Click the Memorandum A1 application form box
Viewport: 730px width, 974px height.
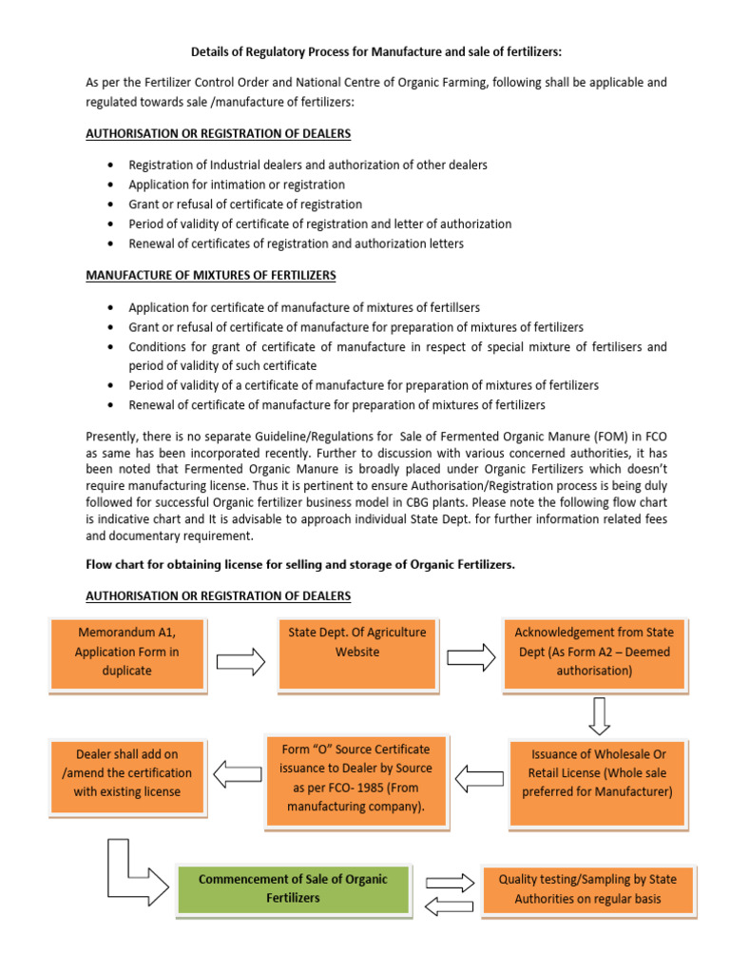tap(126, 653)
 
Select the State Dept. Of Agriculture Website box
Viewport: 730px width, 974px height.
tap(356, 653)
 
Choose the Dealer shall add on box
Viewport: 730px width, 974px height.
tap(126, 771)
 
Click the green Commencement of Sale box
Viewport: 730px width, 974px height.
tap(293, 888)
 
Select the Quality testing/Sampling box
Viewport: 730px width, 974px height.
tap(590, 888)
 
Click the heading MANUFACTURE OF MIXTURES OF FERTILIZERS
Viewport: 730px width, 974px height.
tap(211, 275)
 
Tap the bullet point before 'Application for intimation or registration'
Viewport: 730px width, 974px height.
tap(114, 185)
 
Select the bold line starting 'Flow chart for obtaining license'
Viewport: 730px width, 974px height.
tap(300, 564)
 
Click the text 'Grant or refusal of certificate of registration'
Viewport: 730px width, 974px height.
tap(245, 205)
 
